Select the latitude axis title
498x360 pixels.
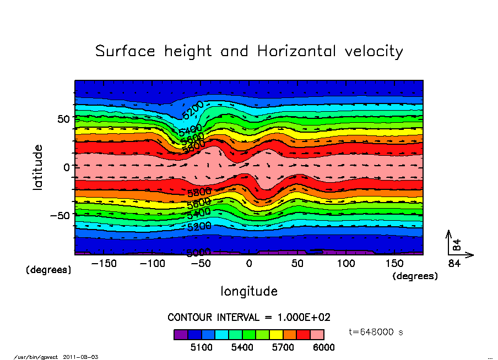pyautogui.click(x=38, y=167)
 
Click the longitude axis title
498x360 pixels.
pyautogui.click(x=249, y=291)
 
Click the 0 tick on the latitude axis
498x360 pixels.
pyautogui.click(x=67, y=167)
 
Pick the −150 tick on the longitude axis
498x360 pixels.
pyautogui.click(x=104, y=264)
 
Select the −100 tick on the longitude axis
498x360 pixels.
pyautogui.click(x=152, y=264)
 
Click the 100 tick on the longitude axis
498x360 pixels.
pyautogui.click(x=346, y=264)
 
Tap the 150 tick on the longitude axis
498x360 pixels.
pyautogui.click(x=394, y=264)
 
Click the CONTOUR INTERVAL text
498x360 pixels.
pyautogui.click(x=248, y=318)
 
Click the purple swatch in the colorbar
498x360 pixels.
pyautogui.click(x=181, y=334)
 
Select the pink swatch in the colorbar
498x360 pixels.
pyautogui.click(x=317, y=334)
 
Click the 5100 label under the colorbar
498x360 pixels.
pyautogui.click(x=201, y=347)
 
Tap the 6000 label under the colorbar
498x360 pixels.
pyautogui.click(x=323, y=347)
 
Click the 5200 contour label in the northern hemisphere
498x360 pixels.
pyautogui.click(x=193, y=110)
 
